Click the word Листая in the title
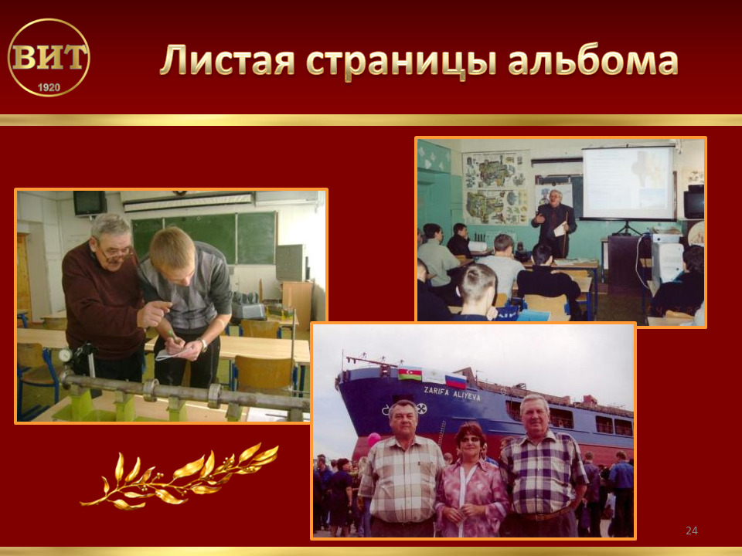pos(227,60)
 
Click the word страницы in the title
pos(401,63)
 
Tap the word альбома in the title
pos(594,60)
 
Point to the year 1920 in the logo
pos(49,87)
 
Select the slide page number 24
pos(691,531)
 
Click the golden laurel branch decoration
pos(180,477)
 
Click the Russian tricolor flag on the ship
pos(456,380)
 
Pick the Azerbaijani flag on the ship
pos(410,373)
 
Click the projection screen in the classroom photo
pos(628,184)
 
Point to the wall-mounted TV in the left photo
pos(90,203)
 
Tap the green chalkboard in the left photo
pos(204,238)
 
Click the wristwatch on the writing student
pos(203,344)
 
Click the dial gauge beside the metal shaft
pos(65,355)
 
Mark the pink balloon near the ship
pos(374,439)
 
